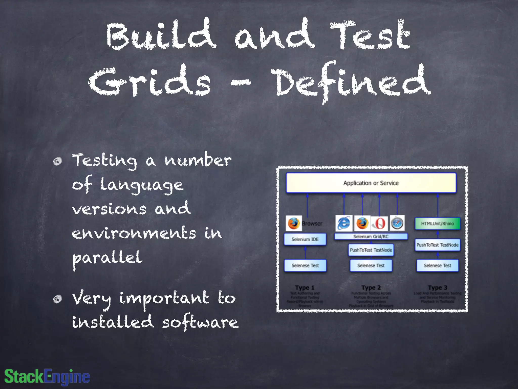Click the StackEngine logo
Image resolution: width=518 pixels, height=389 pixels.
click(47, 377)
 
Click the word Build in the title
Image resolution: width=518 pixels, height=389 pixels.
click(161, 35)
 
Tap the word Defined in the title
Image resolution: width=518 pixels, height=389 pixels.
click(352, 82)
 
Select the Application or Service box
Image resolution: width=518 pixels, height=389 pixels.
click(371, 183)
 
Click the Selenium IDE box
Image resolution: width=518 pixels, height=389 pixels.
click(305, 239)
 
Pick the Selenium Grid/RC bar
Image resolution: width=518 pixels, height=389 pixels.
click(371, 237)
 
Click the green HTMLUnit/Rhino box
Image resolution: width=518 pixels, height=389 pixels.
click(437, 224)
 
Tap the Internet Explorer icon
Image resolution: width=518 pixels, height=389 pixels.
click(344, 223)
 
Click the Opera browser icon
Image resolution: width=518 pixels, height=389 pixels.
click(379, 223)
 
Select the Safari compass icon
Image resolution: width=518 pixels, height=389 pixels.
click(397, 223)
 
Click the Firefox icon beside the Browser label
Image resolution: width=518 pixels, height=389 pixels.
click(294, 223)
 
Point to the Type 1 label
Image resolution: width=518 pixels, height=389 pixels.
click(305, 288)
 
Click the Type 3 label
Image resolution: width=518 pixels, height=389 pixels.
click(438, 288)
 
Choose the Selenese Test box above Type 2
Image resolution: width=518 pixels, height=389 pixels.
click(371, 265)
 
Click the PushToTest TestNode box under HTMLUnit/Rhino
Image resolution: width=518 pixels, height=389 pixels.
click(437, 245)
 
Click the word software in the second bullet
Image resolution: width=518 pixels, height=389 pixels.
click(200, 322)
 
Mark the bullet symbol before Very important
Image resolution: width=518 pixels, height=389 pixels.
click(58, 299)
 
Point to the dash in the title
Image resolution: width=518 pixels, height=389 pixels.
click(241, 82)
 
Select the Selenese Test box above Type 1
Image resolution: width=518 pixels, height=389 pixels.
click(305, 265)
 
